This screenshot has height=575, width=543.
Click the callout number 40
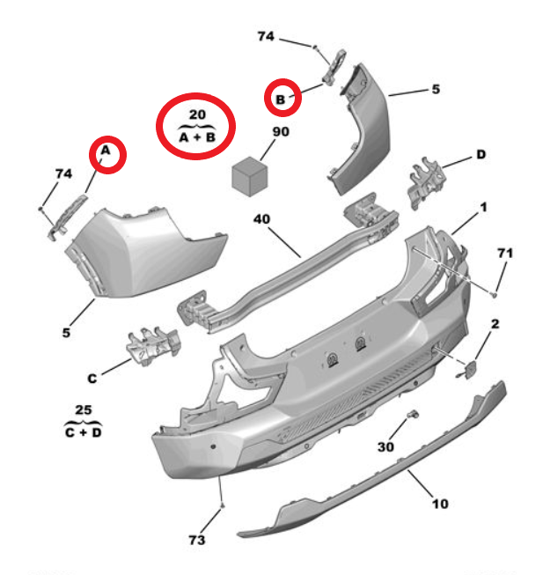point(261,219)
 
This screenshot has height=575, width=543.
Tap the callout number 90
point(281,132)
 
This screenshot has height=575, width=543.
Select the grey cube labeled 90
point(250,176)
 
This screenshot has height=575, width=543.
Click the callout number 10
point(440,504)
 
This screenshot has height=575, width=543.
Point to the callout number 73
point(197,540)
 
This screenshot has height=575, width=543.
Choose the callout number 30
point(385,446)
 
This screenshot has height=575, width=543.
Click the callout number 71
point(505,253)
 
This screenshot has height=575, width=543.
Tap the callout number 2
point(495,324)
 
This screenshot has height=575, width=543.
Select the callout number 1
point(484,207)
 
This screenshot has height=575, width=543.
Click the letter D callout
point(481,154)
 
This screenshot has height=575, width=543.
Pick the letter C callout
point(92,378)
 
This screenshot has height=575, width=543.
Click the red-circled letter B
point(280,100)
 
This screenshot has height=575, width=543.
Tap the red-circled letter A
point(106,151)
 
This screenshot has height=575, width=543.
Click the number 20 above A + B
point(197,114)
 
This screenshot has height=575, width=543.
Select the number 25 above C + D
point(84,409)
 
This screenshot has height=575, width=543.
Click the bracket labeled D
point(427,182)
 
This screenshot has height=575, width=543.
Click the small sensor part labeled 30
point(414,414)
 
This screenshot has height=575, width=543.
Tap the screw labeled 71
point(495,294)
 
